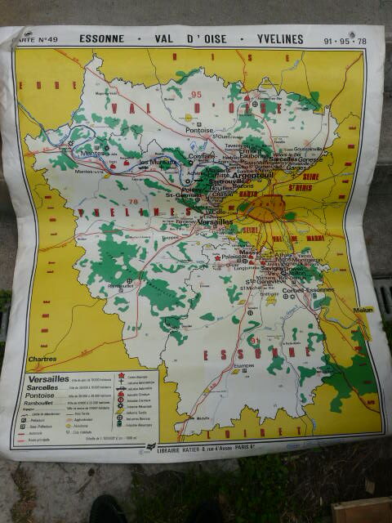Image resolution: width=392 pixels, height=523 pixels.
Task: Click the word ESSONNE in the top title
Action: pyautogui.click(x=104, y=38)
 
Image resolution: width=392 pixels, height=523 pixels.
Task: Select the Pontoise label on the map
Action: pyautogui.click(x=199, y=129)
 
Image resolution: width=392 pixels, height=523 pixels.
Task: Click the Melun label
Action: pyautogui.click(x=363, y=310)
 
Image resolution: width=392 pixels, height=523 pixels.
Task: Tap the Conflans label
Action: pyautogui.click(x=201, y=157)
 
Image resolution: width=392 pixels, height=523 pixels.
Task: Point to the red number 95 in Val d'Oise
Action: pyautogui.click(x=195, y=95)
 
